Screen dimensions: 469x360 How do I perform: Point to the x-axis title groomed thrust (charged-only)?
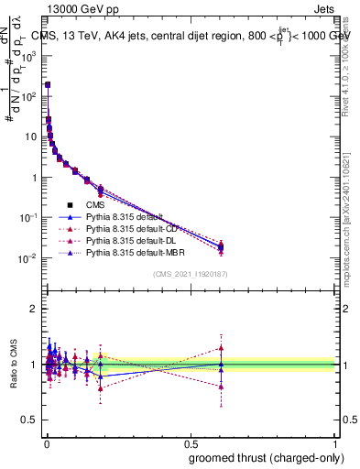[x=270, y=457]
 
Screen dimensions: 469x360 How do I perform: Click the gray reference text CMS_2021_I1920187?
[x=190, y=273]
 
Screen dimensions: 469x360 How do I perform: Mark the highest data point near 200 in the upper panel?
[x=47, y=84]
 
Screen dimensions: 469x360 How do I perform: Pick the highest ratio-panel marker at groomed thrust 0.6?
[x=221, y=347]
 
